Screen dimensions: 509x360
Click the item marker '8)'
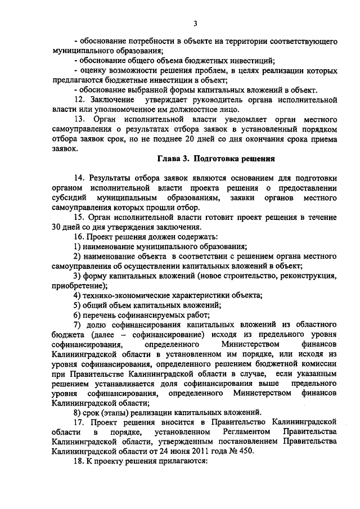pos(78,412)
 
